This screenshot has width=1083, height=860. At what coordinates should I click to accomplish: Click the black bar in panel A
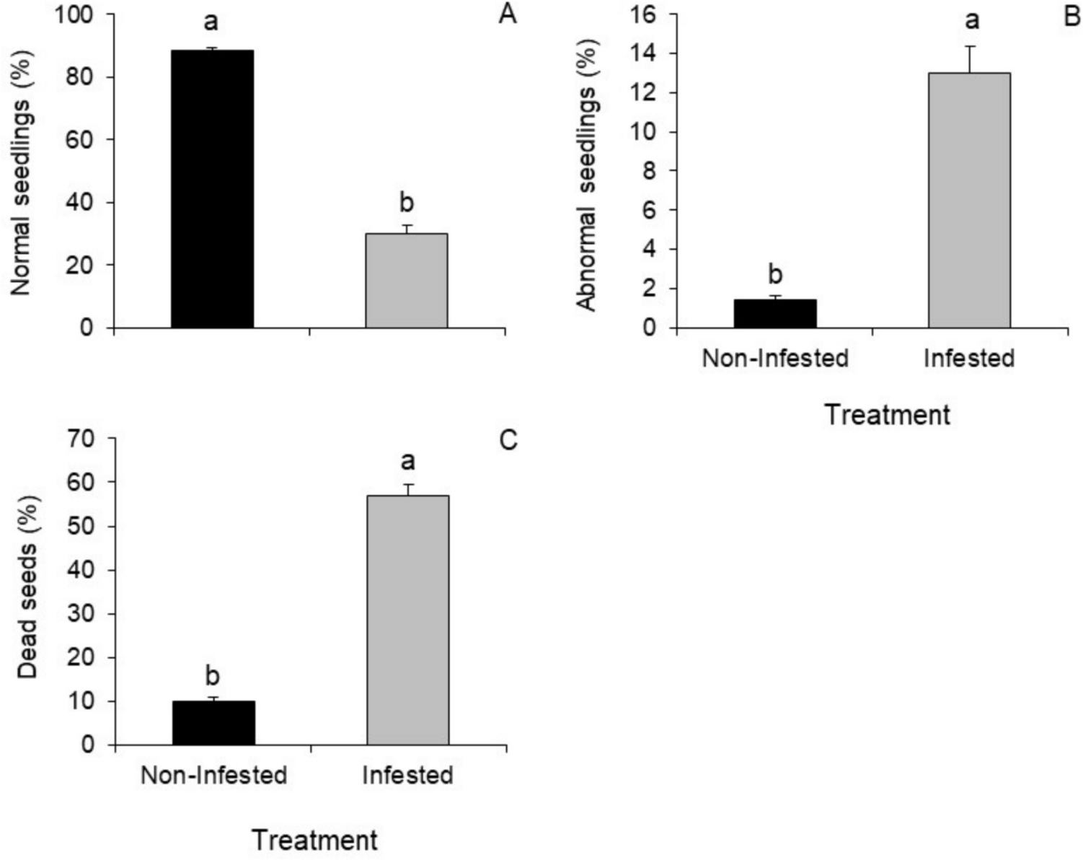pyautogui.click(x=212, y=189)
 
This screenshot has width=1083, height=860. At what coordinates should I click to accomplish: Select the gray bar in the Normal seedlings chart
pyautogui.click(x=407, y=281)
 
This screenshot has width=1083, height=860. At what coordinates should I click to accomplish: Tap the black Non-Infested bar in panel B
pyautogui.click(x=775, y=314)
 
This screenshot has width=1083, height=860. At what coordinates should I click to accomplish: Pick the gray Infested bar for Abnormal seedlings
pyautogui.click(x=969, y=201)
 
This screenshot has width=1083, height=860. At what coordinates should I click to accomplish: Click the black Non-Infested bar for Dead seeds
pyautogui.click(x=213, y=723)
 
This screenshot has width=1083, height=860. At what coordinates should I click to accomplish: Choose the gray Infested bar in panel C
pyautogui.click(x=408, y=620)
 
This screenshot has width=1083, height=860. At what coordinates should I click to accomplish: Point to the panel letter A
pyautogui.click(x=508, y=14)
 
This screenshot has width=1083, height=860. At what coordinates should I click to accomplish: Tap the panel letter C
pyautogui.click(x=508, y=439)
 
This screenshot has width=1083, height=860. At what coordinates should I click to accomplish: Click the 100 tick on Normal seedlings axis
pyautogui.click(x=78, y=14)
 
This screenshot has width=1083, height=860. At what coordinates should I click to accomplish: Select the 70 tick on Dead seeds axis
pyautogui.click(x=87, y=439)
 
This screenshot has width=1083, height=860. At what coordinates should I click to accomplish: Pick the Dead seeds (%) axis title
pyautogui.click(x=27, y=587)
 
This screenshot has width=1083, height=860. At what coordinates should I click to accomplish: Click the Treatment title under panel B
pyautogui.click(x=887, y=416)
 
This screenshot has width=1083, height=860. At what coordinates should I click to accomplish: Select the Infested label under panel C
pyautogui.click(x=407, y=776)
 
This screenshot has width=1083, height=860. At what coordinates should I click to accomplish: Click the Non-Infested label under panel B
pyautogui.click(x=775, y=359)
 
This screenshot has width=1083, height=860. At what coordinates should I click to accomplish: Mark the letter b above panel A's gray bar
pyautogui.click(x=407, y=203)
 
